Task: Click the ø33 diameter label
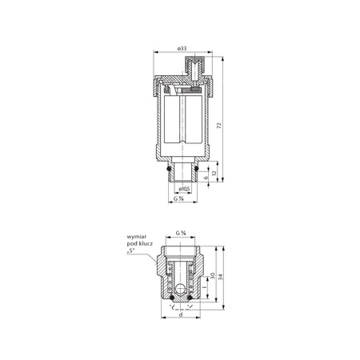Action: (182, 49)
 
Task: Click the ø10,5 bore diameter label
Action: (183, 189)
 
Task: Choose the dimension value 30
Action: (210, 277)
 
